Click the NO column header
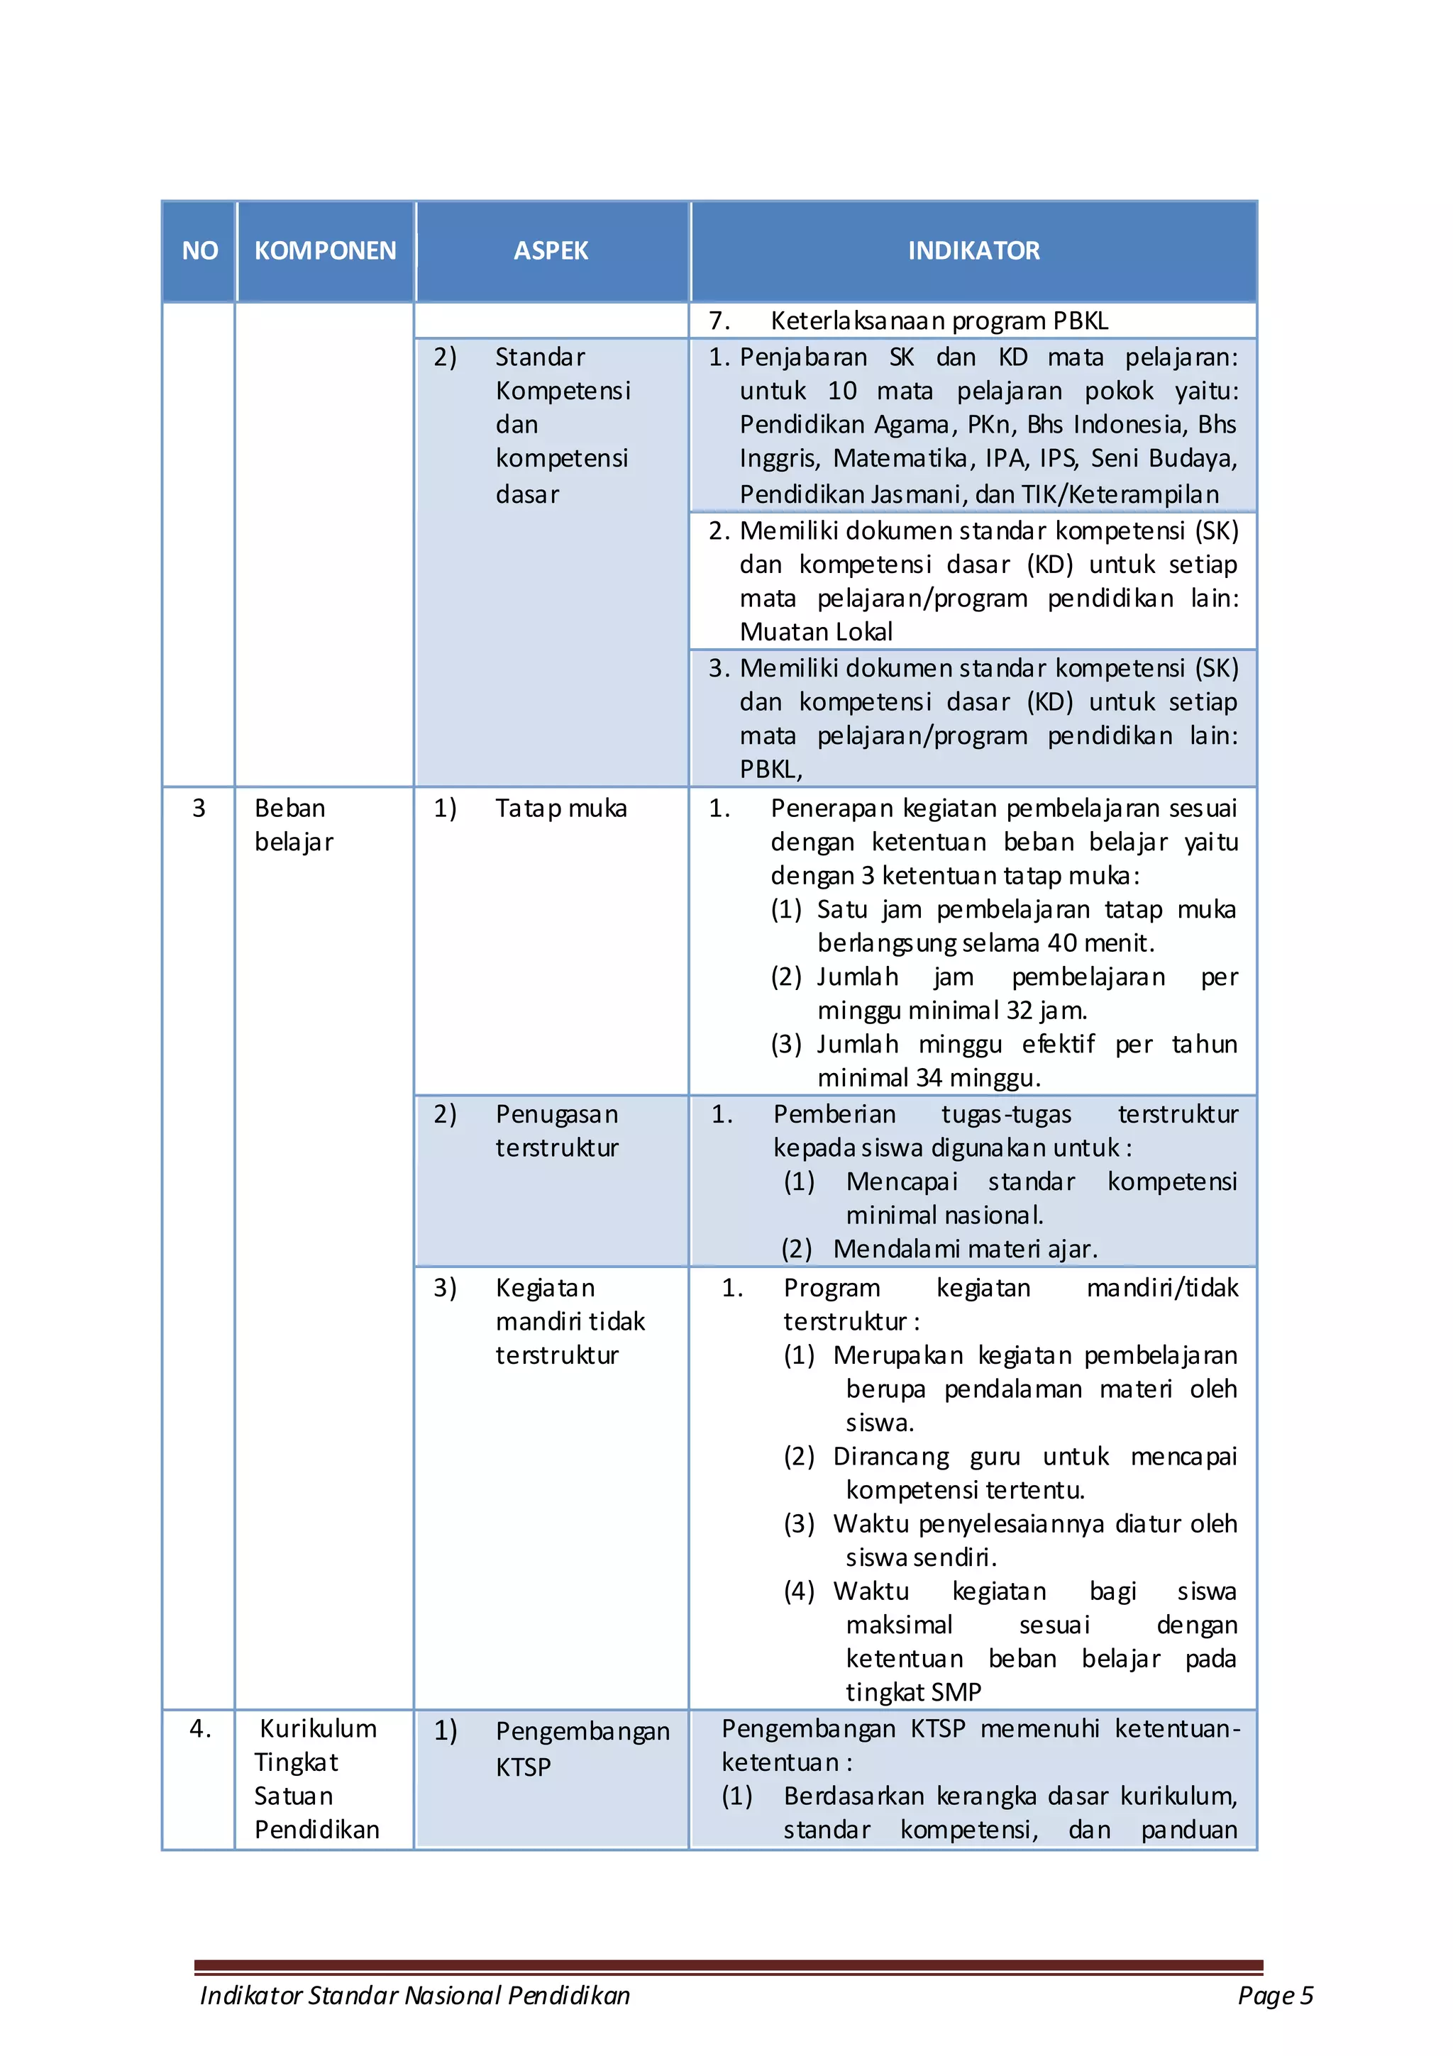200,251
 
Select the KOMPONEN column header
325,251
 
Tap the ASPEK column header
551,251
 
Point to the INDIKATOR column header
973,251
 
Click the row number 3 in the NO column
199,808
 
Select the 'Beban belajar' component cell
294,825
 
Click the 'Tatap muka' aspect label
560,808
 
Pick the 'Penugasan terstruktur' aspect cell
556,1131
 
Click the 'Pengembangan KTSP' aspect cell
582,1748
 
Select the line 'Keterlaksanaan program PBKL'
939,321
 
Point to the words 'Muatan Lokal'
816,632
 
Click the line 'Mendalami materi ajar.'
965,1249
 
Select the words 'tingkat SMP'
914,1692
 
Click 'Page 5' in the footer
1275,1995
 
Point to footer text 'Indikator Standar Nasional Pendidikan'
415,1995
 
